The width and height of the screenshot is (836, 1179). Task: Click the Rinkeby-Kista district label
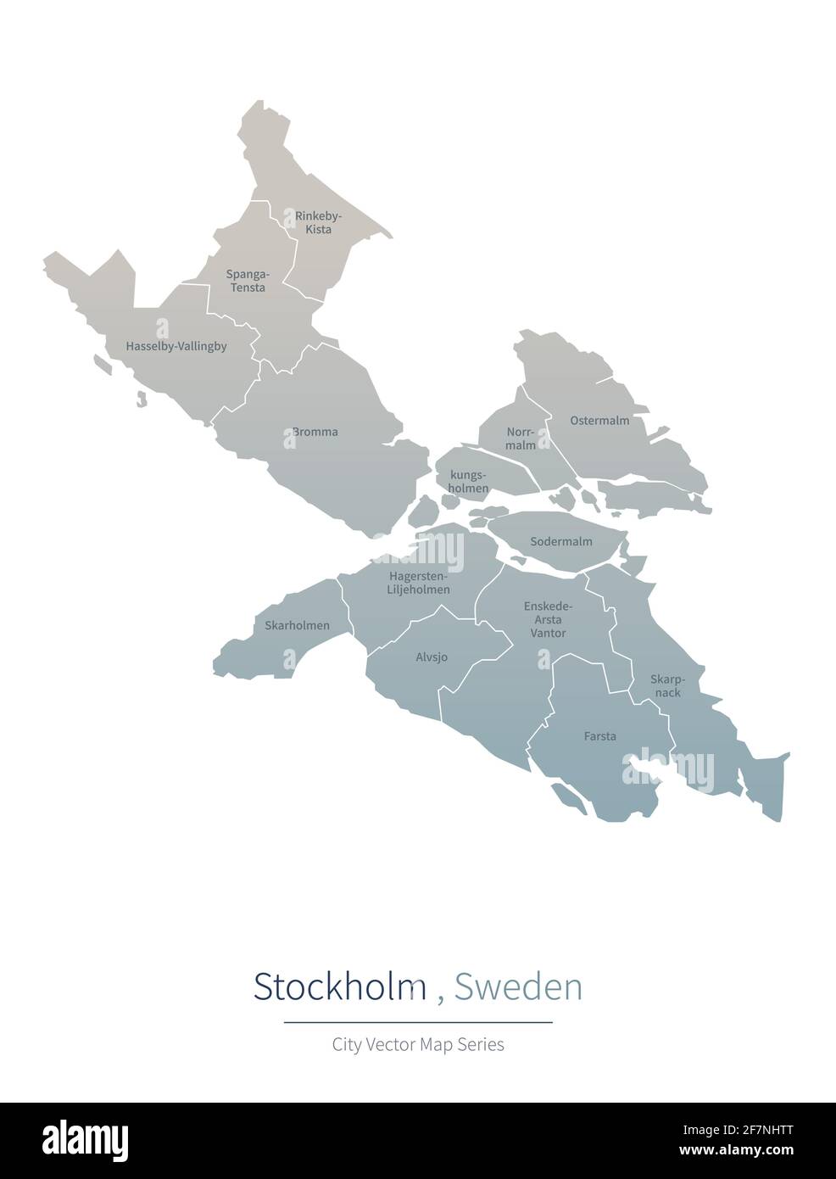(318, 223)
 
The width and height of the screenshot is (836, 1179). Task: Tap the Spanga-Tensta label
(246, 281)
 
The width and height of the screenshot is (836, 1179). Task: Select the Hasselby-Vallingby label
(176, 346)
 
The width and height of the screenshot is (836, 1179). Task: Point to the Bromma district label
(315, 432)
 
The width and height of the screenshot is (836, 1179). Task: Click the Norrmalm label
(521, 438)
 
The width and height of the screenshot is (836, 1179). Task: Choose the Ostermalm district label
(599, 421)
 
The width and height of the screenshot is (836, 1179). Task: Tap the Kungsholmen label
(469, 482)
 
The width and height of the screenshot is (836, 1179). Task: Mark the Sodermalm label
(561, 541)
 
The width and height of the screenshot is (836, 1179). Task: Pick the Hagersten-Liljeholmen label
(419, 583)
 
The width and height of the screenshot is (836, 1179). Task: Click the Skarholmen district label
(297, 626)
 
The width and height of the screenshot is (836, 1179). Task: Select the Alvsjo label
(432, 657)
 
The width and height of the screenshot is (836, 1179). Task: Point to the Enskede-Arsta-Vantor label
(548, 619)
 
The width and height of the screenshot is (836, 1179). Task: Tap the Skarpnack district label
(666, 685)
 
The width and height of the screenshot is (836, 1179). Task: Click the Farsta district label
(600, 736)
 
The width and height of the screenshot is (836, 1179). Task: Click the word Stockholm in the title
(339, 986)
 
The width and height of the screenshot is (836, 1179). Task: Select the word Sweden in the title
(518, 986)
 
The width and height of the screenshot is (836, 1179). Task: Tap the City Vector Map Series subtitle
(418, 1044)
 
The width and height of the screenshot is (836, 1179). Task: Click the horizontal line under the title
(418, 1022)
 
